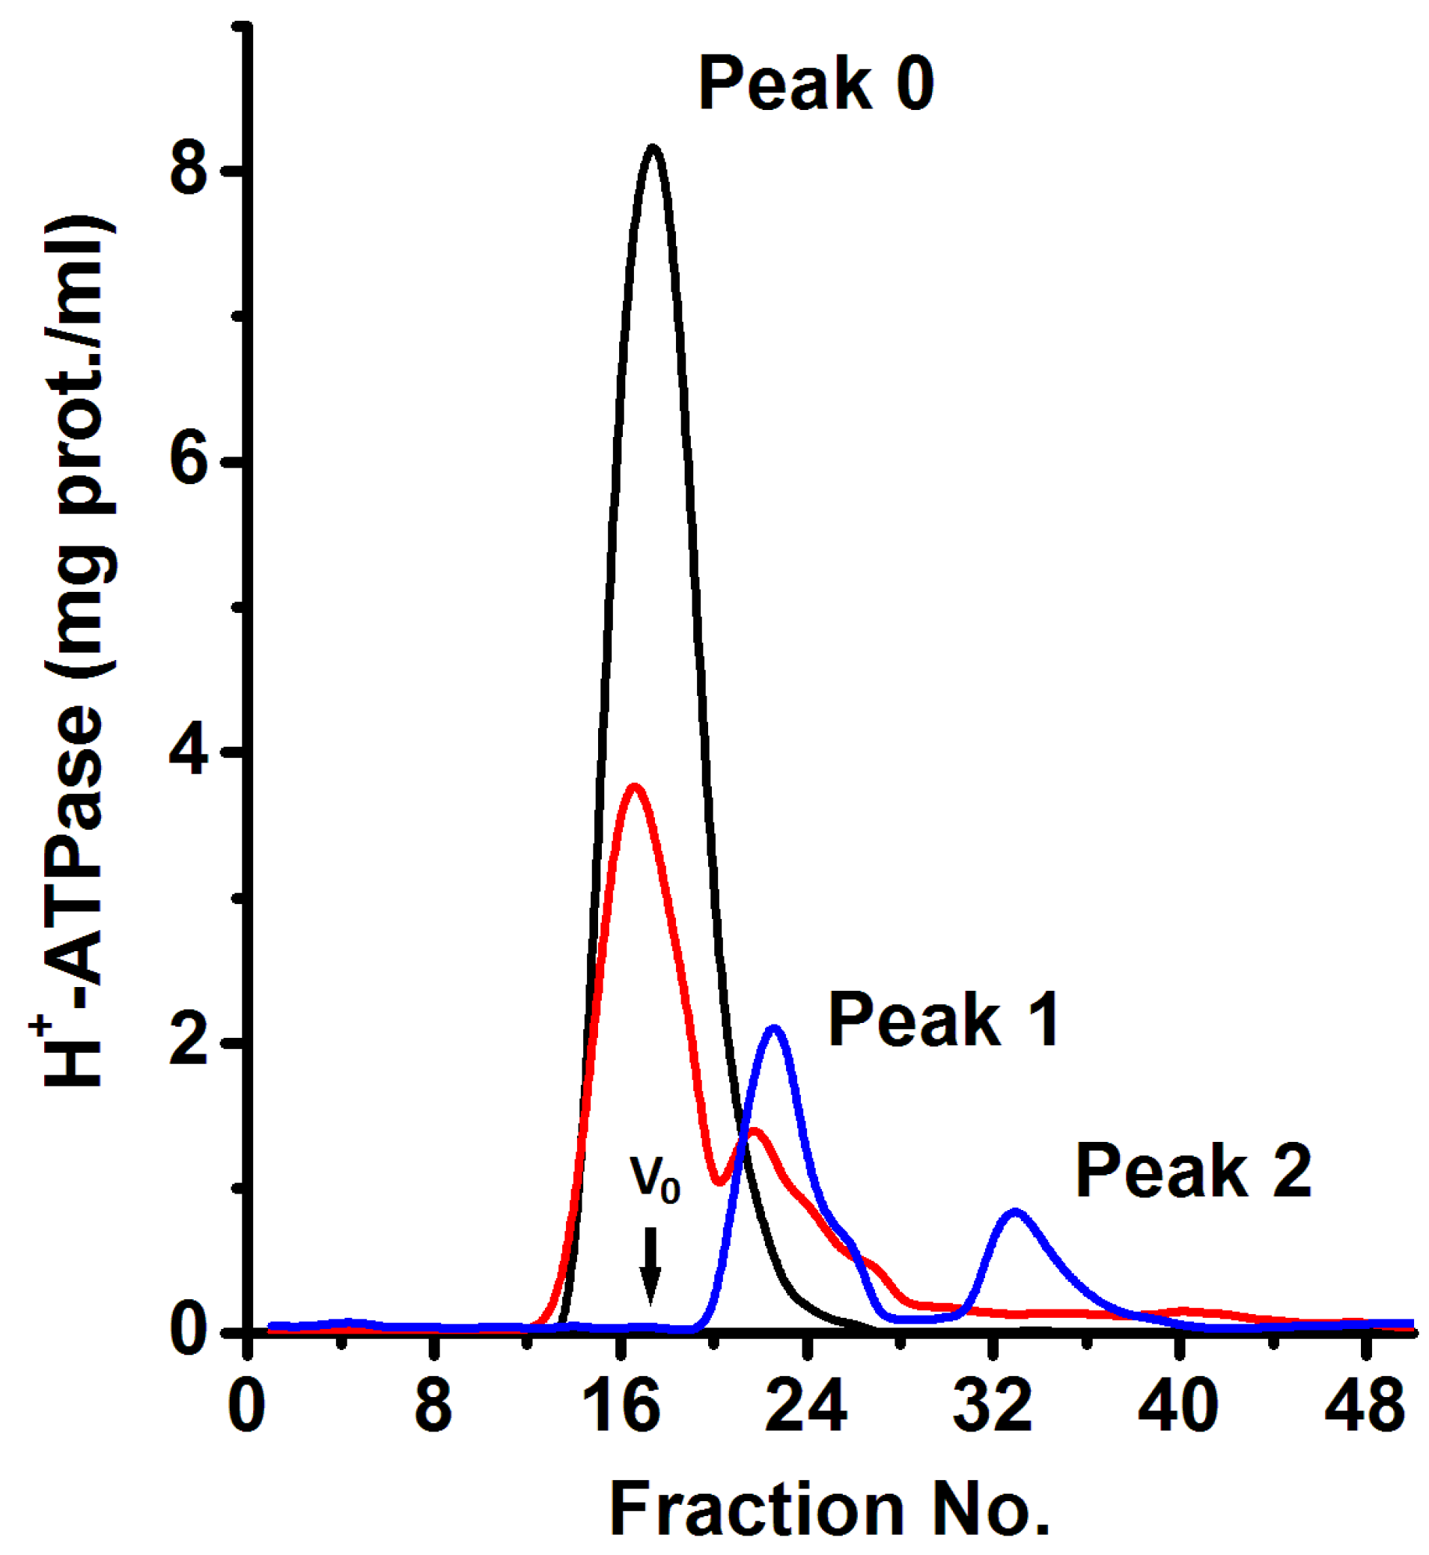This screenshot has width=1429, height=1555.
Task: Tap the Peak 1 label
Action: pos(943,1021)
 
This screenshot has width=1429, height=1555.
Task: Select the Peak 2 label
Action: pos(1193,1172)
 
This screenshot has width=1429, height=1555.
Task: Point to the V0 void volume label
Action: pos(655,1180)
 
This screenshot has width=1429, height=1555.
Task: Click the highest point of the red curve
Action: pos(635,786)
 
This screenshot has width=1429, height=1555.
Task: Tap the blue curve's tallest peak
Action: pos(773,1029)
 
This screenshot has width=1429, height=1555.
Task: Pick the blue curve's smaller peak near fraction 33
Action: pos(1014,1212)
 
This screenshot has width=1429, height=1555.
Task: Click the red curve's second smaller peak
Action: pos(754,1131)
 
